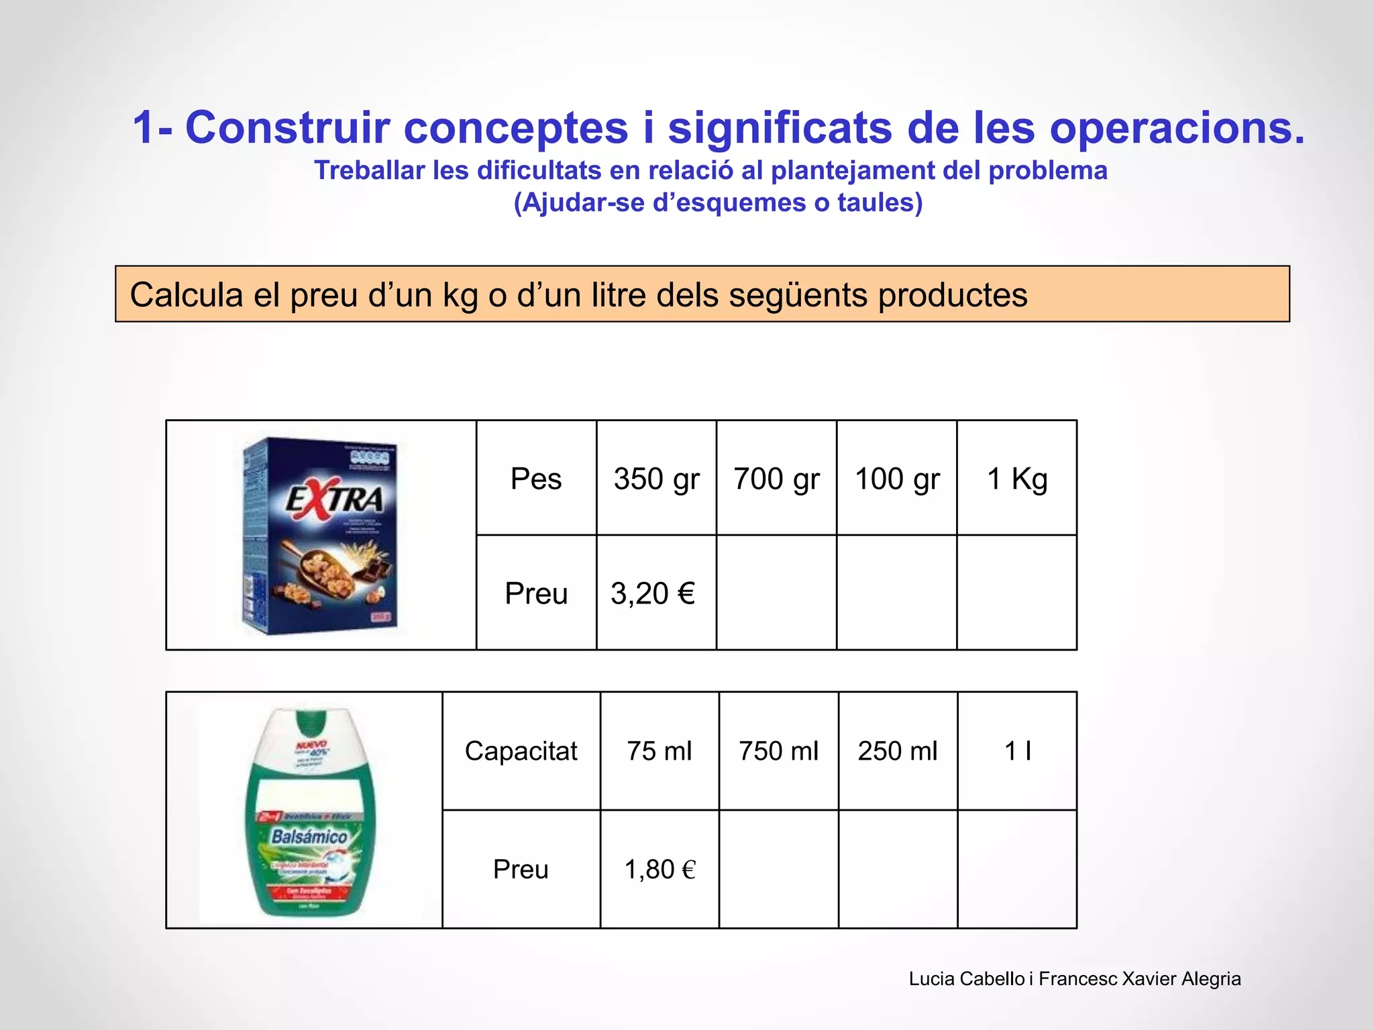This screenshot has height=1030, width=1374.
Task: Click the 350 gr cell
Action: [x=656, y=479]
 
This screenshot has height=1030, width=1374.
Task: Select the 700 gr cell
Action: [x=776, y=479]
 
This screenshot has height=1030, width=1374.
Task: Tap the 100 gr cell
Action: [x=897, y=479]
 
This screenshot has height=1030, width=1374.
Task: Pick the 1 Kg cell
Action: [x=1017, y=479]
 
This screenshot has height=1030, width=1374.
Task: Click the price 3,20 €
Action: [x=653, y=593]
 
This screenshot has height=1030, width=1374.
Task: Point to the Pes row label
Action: [x=536, y=479]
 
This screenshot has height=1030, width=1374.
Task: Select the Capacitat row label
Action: [x=521, y=751]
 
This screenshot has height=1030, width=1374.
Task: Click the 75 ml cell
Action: [x=659, y=751]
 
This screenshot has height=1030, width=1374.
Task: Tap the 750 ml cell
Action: [x=778, y=751]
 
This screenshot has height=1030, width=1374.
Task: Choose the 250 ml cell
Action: [x=898, y=751]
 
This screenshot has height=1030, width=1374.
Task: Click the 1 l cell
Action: [x=1017, y=751]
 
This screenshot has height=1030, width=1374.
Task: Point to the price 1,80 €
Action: [x=660, y=870]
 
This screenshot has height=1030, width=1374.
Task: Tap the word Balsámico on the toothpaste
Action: [x=309, y=837]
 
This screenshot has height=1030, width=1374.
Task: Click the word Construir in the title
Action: [x=288, y=127]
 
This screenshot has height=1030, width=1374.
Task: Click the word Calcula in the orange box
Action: [x=186, y=295]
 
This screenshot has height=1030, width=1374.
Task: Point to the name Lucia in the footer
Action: [x=931, y=979]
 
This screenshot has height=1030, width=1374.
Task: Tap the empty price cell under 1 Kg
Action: [x=1017, y=593]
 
